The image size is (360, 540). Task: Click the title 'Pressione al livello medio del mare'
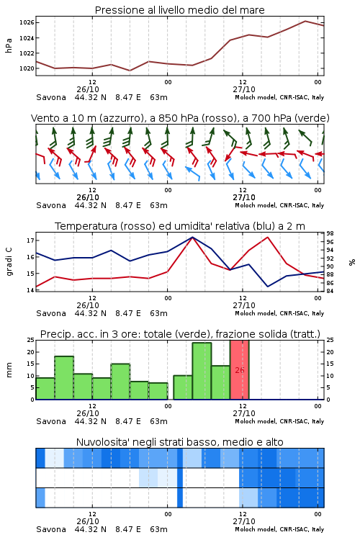tap(179, 10)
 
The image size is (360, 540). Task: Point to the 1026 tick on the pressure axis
tap(27, 23)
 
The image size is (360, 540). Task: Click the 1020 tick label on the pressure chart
tap(27, 68)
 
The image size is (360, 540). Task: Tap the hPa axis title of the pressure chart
tap(9, 45)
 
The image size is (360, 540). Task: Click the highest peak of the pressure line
tap(305, 21)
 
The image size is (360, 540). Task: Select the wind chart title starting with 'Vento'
tap(180, 118)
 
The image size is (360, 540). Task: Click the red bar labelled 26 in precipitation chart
tap(240, 370)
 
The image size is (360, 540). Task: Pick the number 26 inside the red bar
tap(240, 370)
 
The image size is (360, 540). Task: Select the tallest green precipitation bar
tap(202, 371)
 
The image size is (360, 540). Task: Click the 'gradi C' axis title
tap(9, 261)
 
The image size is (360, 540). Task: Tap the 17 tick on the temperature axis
tap(30, 240)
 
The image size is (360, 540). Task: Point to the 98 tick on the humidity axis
tap(330, 233)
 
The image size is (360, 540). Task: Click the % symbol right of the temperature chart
tap(352, 262)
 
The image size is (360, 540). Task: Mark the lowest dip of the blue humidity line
tap(268, 287)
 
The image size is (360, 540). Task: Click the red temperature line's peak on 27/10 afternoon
tap(268, 237)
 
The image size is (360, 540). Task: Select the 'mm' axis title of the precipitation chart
tap(9, 369)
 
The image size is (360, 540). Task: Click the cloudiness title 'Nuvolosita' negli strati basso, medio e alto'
tap(179, 442)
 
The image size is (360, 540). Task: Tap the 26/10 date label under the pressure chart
tap(88, 89)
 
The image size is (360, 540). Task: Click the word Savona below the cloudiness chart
tap(51, 529)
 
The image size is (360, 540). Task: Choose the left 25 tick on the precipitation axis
tap(30, 340)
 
